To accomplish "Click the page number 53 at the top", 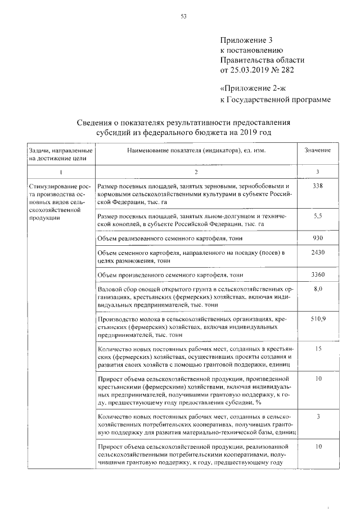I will (x=183, y=16).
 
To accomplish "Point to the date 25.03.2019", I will (x=253, y=70).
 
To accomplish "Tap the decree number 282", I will (x=287, y=70).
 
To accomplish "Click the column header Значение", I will (x=317, y=151).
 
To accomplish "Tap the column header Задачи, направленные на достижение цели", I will (x=57, y=155).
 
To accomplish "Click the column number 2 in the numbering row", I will (x=196, y=171).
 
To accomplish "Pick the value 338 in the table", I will (x=317, y=186).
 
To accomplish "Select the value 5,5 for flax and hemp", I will (x=317, y=215).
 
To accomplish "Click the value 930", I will (x=317, y=238).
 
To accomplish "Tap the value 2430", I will (x=317, y=254).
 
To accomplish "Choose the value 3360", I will (x=317, y=274).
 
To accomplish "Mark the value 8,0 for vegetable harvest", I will (x=317, y=289).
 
